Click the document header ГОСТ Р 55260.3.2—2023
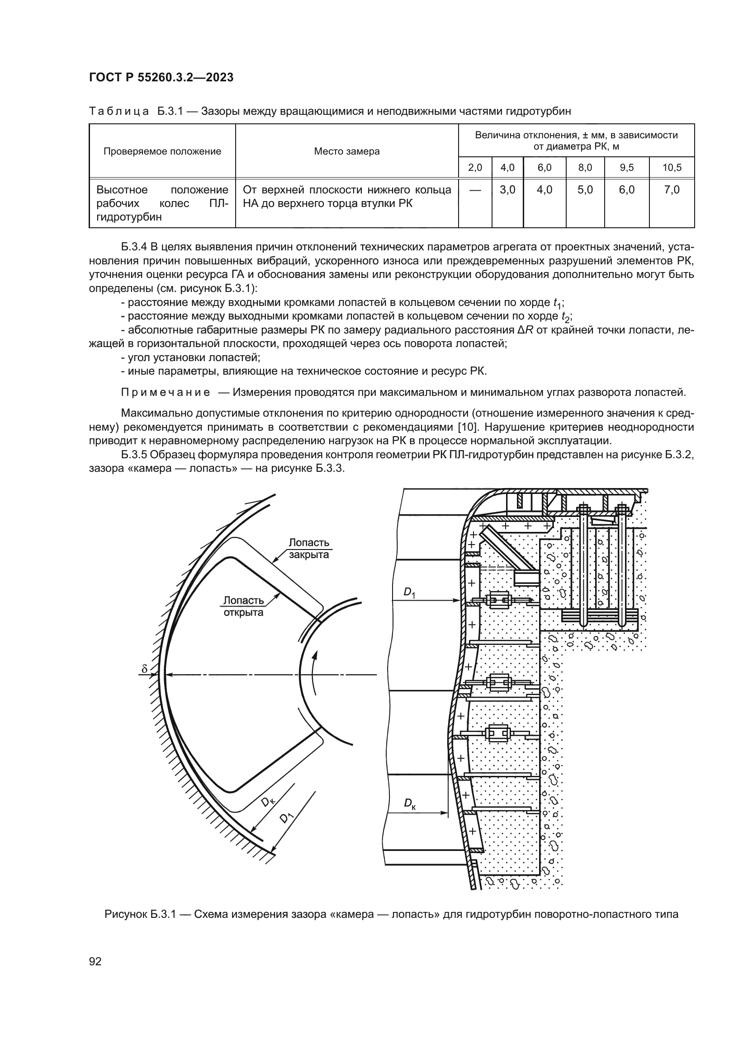tap(161, 77)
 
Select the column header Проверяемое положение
tap(162, 151)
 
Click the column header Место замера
tap(347, 151)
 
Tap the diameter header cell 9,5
tap(626, 168)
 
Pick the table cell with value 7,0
tap(672, 190)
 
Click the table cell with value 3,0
tap(507, 190)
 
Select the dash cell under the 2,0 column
tap(475, 190)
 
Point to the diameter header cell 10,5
tap(672, 168)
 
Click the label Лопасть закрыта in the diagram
tap(308, 549)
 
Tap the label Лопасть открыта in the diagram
tap(243, 606)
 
